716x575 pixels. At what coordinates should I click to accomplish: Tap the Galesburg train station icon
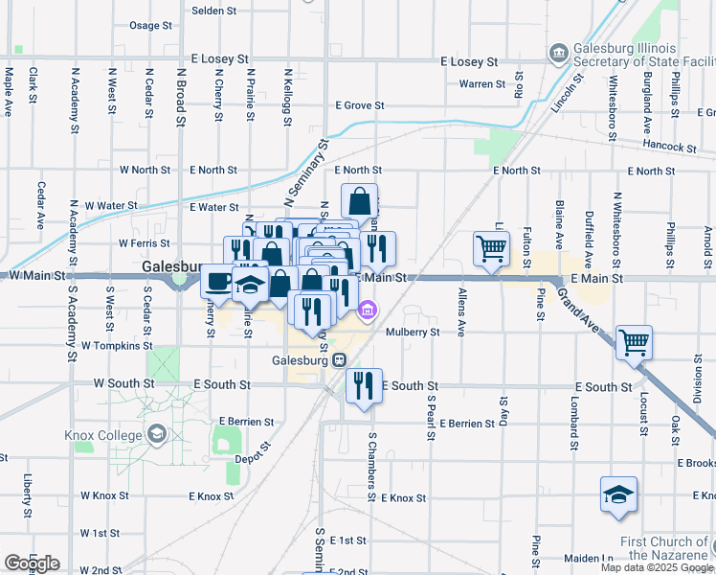coord(339,359)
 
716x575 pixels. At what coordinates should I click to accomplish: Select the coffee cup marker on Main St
coord(217,282)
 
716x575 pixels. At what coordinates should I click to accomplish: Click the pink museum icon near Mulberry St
coord(368,310)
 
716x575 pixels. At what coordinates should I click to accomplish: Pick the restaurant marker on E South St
coord(363,384)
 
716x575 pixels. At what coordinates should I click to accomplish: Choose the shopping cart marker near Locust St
coord(635,342)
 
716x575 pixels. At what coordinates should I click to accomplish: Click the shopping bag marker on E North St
coord(359,201)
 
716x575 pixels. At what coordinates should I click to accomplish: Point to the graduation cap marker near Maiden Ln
coord(618,495)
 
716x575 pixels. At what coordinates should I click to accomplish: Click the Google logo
coord(32,563)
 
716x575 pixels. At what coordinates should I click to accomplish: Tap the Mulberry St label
coord(413,333)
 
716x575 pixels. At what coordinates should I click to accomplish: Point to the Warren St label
coord(482,84)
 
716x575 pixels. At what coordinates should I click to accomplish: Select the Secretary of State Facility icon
coord(559,52)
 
